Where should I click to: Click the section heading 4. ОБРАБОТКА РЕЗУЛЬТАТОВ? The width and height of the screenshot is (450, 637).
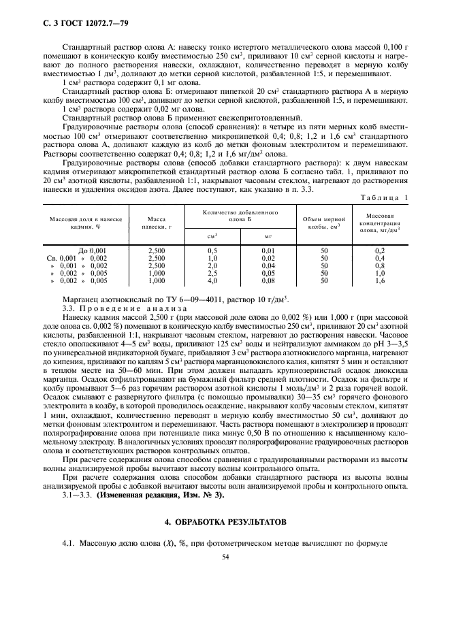tap(224, 521)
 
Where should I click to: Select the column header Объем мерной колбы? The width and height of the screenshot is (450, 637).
tap(325, 223)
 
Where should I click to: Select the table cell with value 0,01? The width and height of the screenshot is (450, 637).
tap(268, 251)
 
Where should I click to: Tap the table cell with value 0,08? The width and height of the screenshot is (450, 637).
tap(268, 280)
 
